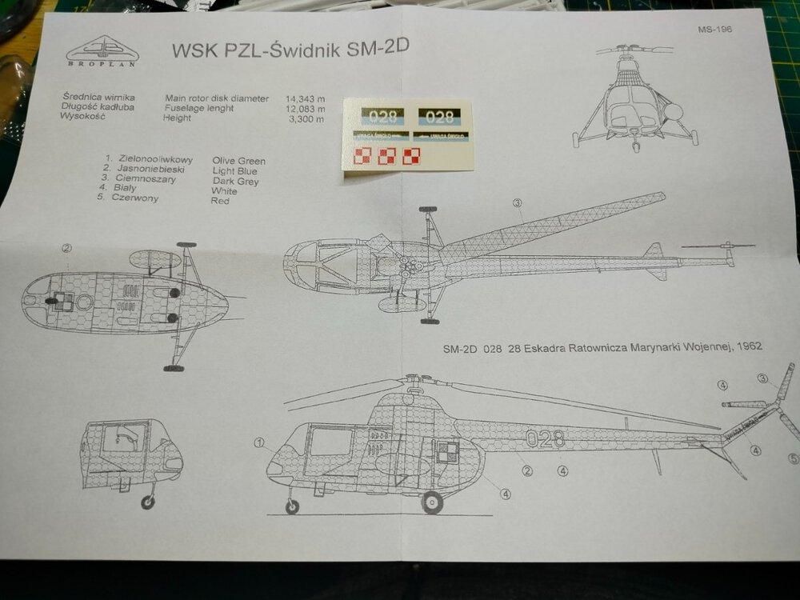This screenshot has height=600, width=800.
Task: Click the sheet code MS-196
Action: pos(713,31)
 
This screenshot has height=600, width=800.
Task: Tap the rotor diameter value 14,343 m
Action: pos(305,98)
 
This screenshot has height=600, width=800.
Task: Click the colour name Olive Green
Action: pos(239,161)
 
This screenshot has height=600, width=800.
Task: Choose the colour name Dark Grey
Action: pos(235,182)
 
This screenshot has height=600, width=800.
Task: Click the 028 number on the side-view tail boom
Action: pos(545,438)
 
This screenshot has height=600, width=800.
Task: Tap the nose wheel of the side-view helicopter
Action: pos(293,506)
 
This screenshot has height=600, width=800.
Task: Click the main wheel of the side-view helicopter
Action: pos(432,502)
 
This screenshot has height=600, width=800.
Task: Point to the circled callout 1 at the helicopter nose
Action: pos(259,442)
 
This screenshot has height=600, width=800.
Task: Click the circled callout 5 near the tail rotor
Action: pos(793,458)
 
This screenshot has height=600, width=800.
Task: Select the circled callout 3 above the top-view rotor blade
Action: pos(518,202)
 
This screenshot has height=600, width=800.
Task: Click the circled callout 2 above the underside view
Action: pos(67,249)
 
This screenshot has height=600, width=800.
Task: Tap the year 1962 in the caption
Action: pos(746,347)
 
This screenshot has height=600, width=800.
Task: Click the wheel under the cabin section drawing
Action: pos(147,502)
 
